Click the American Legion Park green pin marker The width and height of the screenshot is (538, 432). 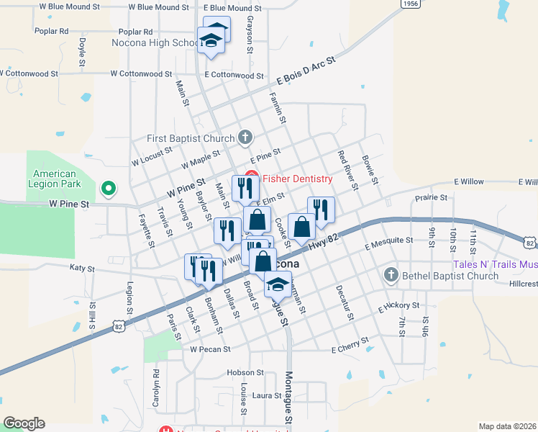coord(109,189)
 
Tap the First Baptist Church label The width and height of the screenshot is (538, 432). coord(191,138)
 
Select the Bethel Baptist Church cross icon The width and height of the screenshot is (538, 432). coord(391,274)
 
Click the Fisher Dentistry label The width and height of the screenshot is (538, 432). coord(296,179)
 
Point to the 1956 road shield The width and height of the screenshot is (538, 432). coord(411,4)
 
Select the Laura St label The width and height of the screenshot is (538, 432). coord(266,395)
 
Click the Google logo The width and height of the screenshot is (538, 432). coord(24,423)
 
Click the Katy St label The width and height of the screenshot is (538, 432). coord(82,269)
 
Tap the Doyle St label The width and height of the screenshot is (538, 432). coord(83,49)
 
